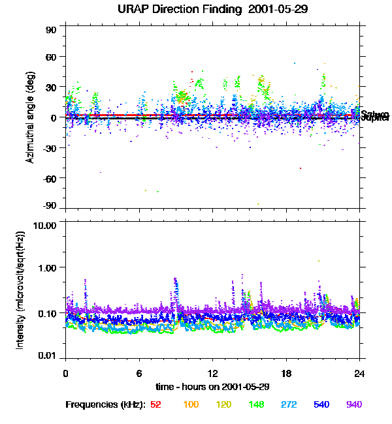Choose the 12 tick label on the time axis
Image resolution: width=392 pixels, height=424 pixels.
(212, 374)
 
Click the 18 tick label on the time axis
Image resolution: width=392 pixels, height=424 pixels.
(286, 374)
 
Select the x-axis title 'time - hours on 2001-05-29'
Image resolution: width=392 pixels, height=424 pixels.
(212, 387)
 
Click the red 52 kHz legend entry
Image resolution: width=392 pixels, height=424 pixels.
(155, 405)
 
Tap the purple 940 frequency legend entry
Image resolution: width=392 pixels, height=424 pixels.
(353, 405)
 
